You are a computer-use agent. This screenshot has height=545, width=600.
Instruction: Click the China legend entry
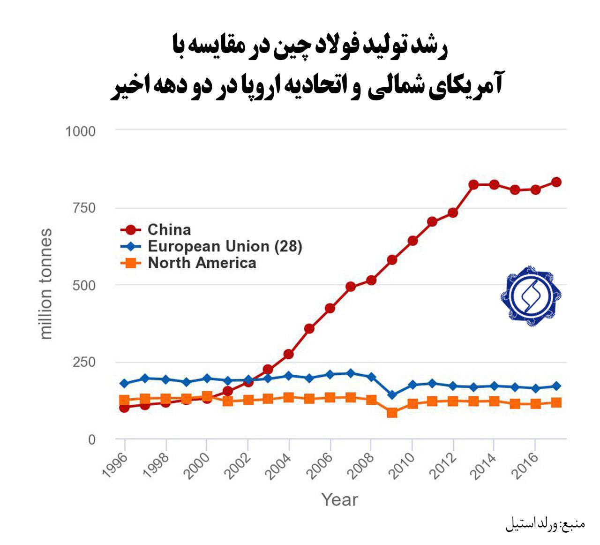click(169, 230)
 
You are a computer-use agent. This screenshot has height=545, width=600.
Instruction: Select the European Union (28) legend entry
click(224, 246)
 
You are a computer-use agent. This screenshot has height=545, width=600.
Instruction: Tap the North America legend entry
click(202, 263)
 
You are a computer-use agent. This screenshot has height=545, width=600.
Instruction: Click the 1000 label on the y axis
click(80, 131)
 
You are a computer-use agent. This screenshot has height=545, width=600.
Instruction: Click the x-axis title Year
click(339, 500)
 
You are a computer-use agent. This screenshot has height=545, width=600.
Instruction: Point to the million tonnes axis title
click(45, 284)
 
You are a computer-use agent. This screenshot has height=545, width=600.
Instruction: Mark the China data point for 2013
click(473, 185)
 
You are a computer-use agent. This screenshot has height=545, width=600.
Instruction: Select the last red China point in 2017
click(556, 182)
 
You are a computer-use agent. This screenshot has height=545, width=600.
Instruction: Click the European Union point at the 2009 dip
click(392, 395)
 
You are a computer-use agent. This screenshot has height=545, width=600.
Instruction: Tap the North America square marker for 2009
click(392, 413)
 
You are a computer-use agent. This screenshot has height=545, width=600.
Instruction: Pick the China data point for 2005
click(309, 328)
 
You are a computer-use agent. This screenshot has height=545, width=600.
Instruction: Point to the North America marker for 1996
click(124, 401)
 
